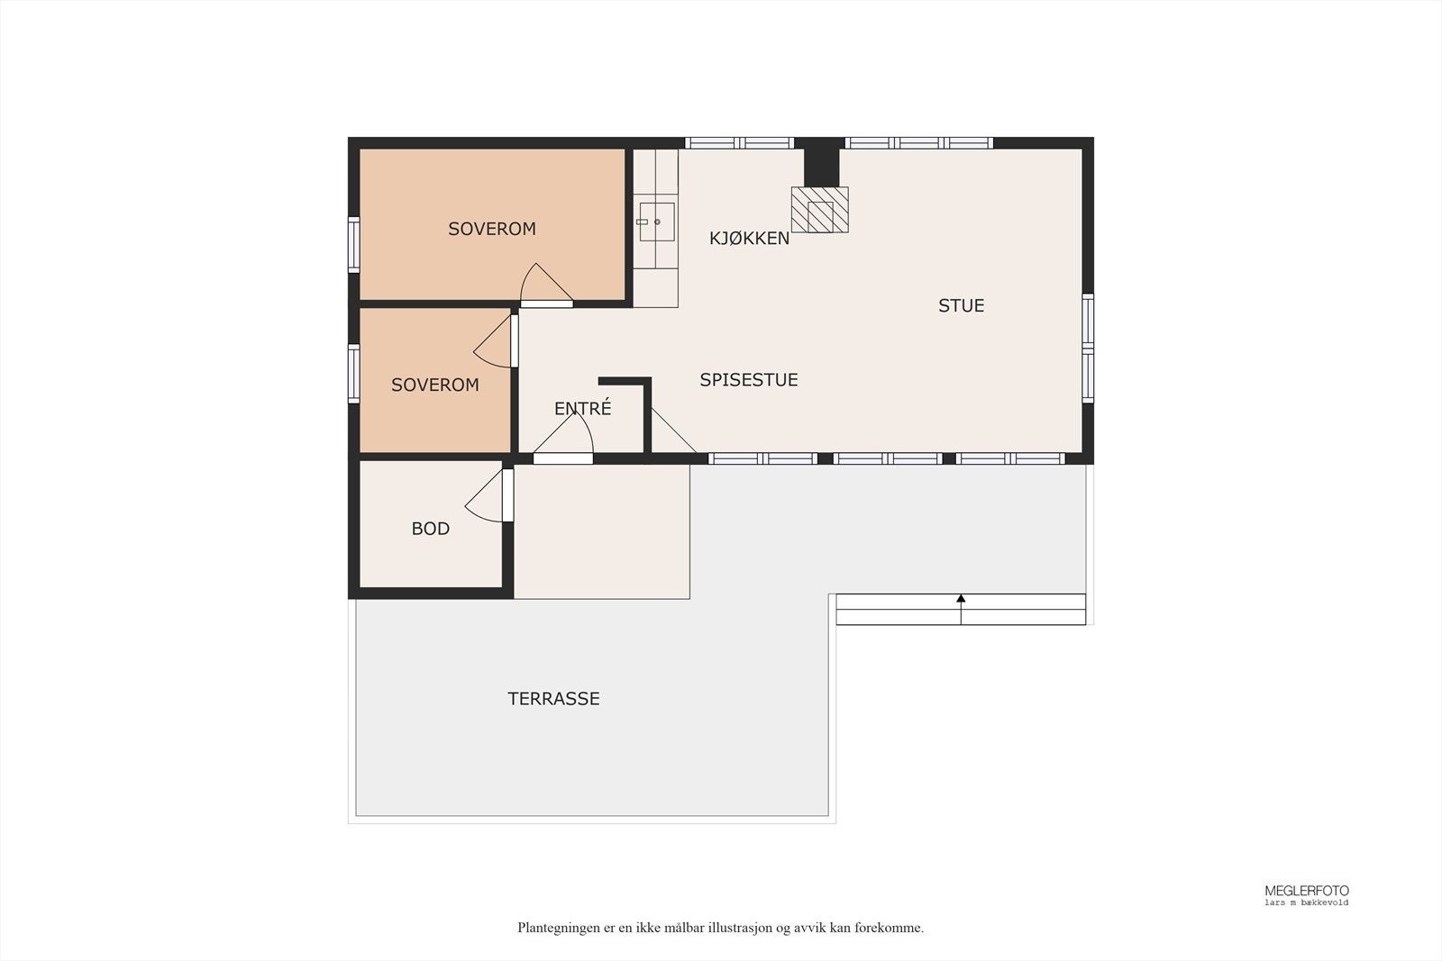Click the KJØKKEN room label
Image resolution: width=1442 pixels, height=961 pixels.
[749, 239]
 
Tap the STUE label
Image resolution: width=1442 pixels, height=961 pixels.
[961, 306]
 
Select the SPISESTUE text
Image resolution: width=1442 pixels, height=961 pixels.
[748, 380]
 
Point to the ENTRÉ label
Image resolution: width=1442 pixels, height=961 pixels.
[582, 409]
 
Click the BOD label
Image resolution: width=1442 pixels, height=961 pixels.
[430, 529]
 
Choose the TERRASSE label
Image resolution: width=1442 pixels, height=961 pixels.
[553, 699]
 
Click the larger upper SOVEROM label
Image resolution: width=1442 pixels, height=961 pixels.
[491, 229]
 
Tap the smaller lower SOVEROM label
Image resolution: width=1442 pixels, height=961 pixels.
[434, 385]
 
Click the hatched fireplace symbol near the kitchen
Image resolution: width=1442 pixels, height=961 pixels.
[819, 210]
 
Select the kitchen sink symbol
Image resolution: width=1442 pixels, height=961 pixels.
[656, 222]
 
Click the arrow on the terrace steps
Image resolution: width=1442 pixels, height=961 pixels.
[961, 599]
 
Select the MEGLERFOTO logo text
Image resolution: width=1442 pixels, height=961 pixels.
[1306, 891]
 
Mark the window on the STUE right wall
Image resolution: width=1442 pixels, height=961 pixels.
[1088, 348]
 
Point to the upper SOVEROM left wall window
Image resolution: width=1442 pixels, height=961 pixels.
[353, 245]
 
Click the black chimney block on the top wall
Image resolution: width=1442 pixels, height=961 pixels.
[821, 163]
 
